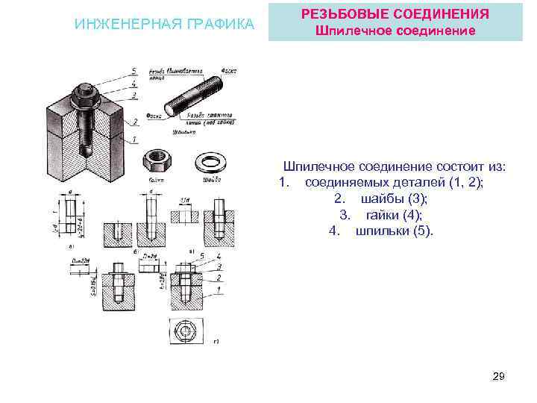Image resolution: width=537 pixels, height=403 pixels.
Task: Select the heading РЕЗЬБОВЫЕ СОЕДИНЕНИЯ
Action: click(395, 14)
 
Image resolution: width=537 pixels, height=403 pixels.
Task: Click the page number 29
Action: click(499, 378)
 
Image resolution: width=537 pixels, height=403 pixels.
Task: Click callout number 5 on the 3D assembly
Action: click(134, 71)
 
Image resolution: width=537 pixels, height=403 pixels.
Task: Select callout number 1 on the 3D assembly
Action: click(134, 139)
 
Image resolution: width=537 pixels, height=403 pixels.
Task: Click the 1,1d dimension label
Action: click(183, 201)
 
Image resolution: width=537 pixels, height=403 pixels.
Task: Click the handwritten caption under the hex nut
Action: click(156, 180)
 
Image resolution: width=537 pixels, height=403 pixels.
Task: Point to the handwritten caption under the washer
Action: click(212, 180)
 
